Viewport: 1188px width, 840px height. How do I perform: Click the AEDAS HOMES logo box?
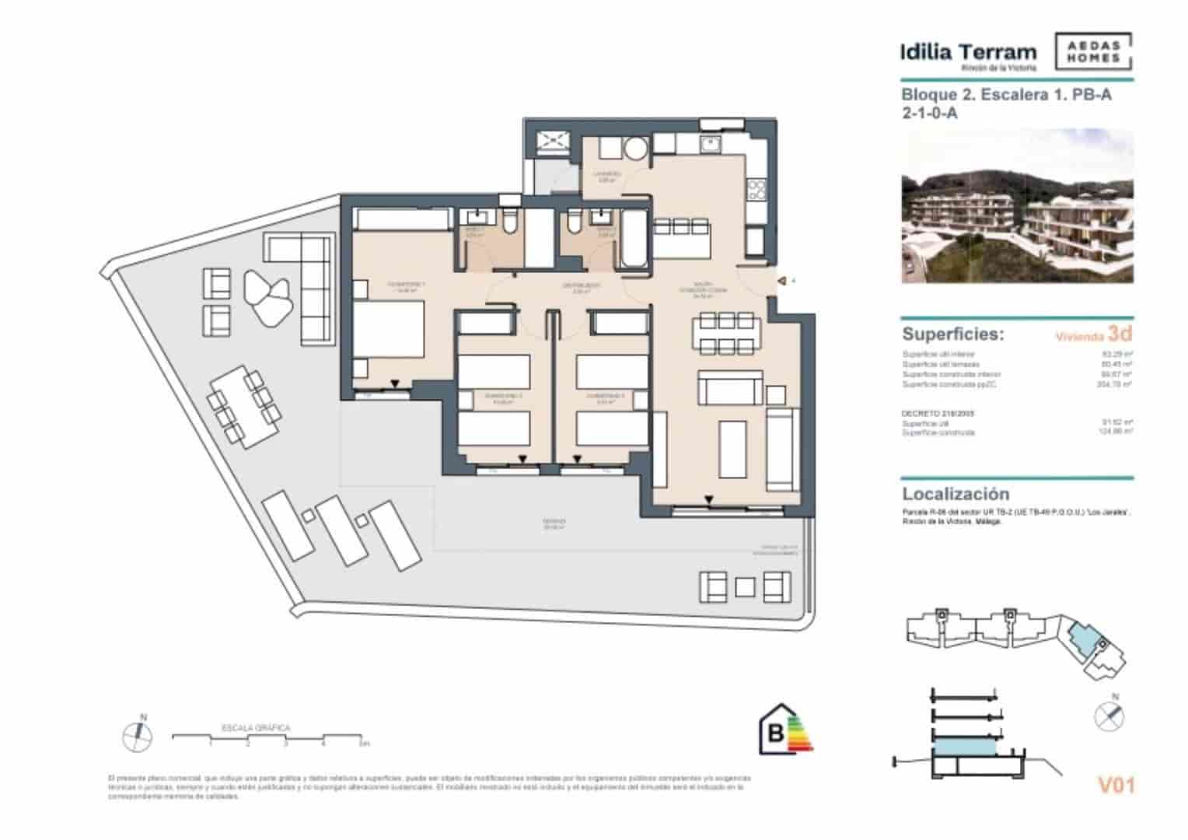point(1093,52)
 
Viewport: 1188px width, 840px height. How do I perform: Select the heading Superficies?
point(952,334)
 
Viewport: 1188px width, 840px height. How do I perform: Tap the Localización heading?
point(956,494)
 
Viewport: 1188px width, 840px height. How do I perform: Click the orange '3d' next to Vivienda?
point(1120,334)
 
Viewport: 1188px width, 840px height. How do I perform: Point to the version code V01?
point(1116,786)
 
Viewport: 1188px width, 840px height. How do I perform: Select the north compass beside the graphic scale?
point(137,733)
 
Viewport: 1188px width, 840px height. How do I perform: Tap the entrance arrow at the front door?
point(783,281)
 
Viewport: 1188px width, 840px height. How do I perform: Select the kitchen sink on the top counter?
point(709,144)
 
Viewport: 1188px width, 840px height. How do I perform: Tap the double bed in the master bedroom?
point(389,331)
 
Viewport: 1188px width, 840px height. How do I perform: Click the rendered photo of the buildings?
point(1017,207)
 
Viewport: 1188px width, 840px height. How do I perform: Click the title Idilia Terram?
point(968,53)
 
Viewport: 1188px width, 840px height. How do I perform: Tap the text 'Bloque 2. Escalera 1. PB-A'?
point(1006,95)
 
